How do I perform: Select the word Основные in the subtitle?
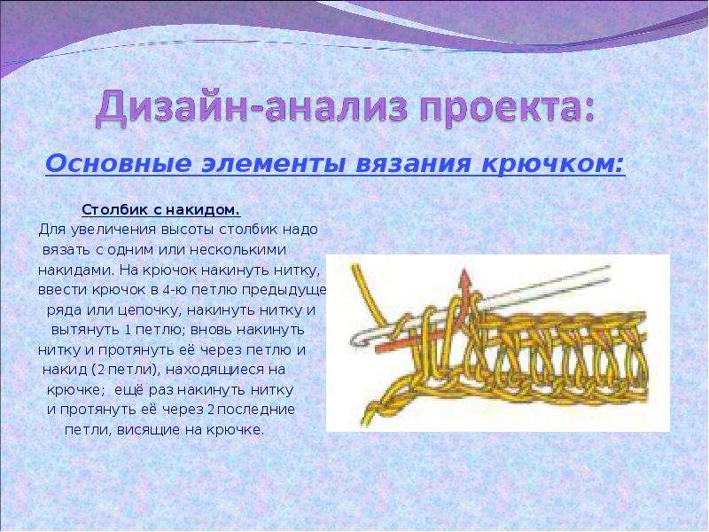click(x=119, y=164)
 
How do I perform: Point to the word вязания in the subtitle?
click(x=413, y=164)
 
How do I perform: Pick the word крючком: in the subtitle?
click(x=552, y=165)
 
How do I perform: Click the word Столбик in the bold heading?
click(x=115, y=210)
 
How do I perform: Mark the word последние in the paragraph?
click(x=258, y=410)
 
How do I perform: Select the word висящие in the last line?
click(x=149, y=430)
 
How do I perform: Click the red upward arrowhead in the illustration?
click(x=464, y=278)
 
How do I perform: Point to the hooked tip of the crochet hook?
click(x=357, y=339)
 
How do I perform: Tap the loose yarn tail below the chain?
click(x=369, y=412)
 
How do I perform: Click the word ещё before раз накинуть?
click(x=129, y=389)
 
